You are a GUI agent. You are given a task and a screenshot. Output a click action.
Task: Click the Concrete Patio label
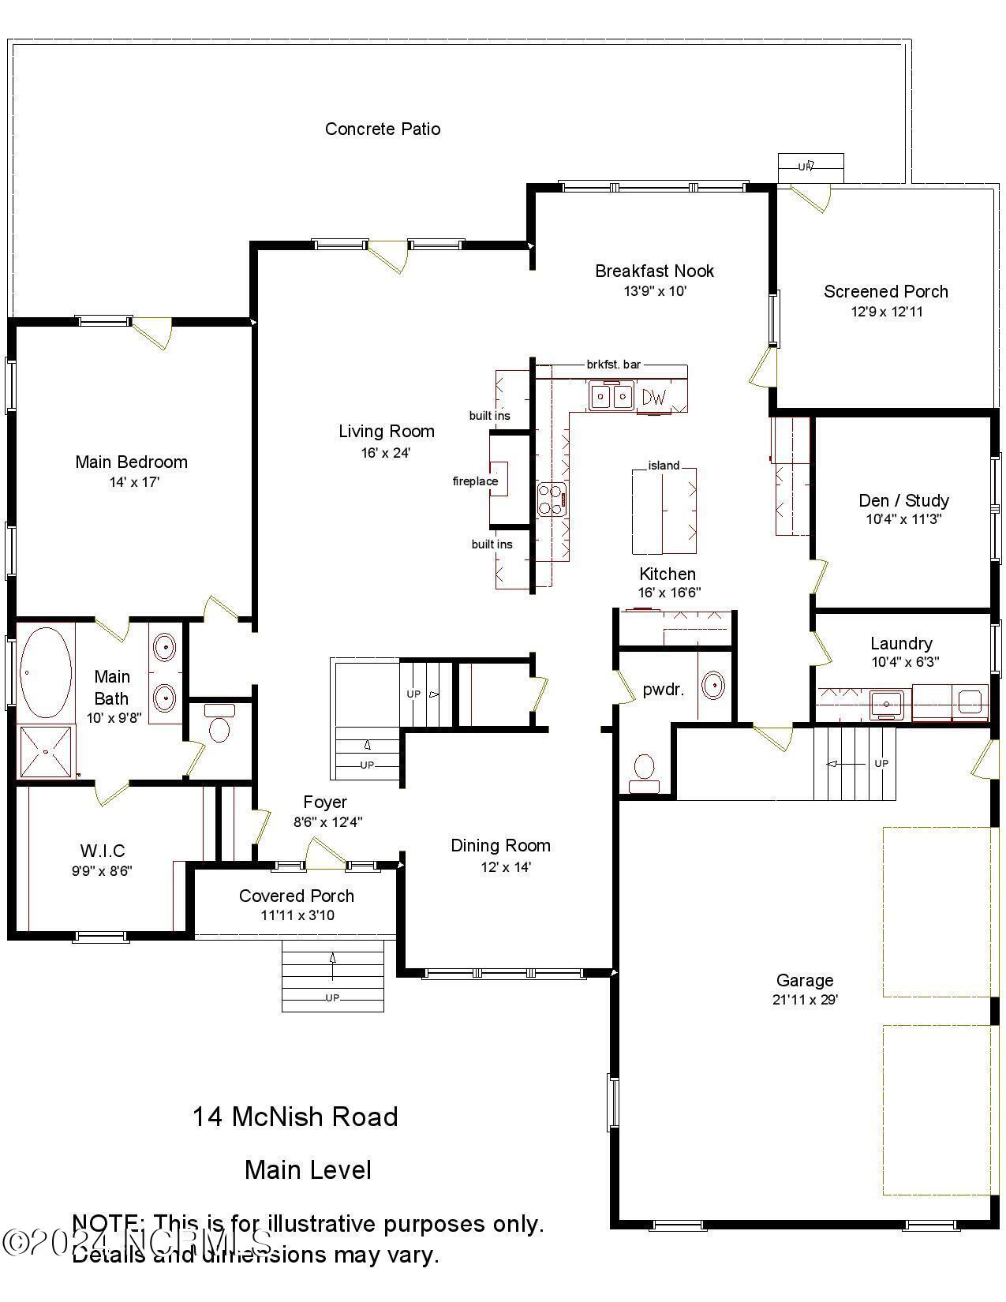pyautogui.click(x=383, y=129)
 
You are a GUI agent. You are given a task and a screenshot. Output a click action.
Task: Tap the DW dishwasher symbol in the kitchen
pyautogui.click(x=653, y=397)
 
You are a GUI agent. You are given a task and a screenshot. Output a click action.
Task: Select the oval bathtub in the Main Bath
pyautogui.click(x=45, y=673)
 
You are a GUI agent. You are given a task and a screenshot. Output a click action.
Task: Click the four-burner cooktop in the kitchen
pyautogui.click(x=552, y=499)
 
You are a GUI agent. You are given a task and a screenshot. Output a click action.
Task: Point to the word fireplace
pyautogui.click(x=475, y=481)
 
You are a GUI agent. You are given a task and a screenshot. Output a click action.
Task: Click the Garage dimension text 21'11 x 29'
pyautogui.click(x=805, y=1000)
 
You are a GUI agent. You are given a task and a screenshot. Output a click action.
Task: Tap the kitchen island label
pyautogui.click(x=664, y=466)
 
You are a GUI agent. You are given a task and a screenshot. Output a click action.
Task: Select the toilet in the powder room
pyautogui.click(x=645, y=770)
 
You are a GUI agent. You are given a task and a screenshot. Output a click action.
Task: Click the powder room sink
pyautogui.click(x=713, y=685)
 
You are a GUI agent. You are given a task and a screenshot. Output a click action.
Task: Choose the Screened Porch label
pyautogui.click(x=886, y=291)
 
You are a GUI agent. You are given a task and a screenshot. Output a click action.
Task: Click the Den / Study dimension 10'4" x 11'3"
pyautogui.click(x=903, y=519)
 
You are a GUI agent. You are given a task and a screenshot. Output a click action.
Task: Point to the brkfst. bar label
pyautogui.click(x=613, y=365)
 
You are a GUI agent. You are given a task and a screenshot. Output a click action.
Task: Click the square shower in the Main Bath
pyautogui.click(x=46, y=752)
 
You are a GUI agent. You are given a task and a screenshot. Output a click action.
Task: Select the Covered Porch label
pyautogui.click(x=297, y=896)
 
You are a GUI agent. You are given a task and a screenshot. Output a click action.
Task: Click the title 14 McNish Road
pyautogui.click(x=295, y=1117)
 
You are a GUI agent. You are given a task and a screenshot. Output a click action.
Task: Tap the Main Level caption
pyautogui.click(x=308, y=1169)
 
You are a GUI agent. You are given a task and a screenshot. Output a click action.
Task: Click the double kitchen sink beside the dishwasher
pyautogui.click(x=611, y=395)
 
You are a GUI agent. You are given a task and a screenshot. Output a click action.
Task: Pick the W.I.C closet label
pyautogui.click(x=103, y=851)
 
